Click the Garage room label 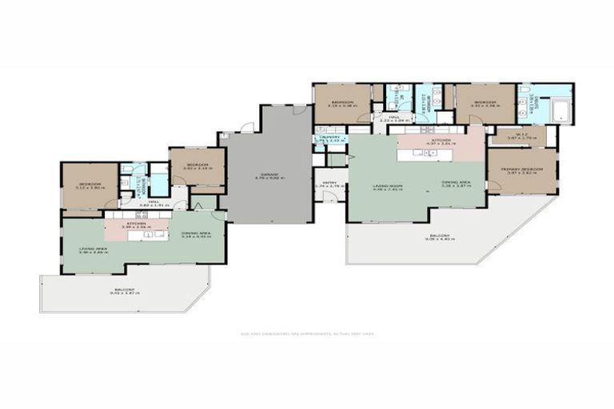click(x=269, y=177)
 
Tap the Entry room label click(x=329, y=184)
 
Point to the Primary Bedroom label click(x=522, y=170)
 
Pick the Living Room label click(x=387, y=188)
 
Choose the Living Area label click(x=94, y=249)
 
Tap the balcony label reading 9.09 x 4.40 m click(x=438, y=237)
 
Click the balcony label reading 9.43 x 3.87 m click(x=124, y=291)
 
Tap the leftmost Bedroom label click(x=87, y=185)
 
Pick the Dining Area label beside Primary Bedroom click(x=456, y=183)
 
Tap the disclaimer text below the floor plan click(x=307, y=334)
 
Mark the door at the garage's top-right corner click(x=298, y=111)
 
